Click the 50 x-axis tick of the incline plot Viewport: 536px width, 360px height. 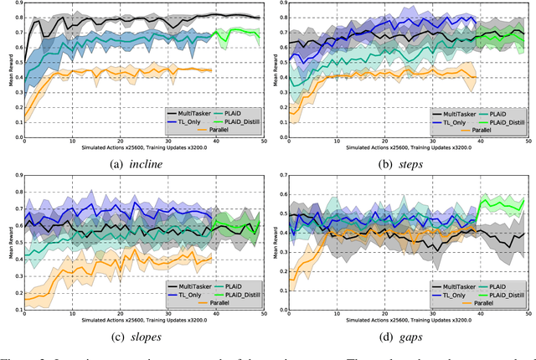coord(261,141)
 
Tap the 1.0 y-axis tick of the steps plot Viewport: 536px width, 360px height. coord(281,4)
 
